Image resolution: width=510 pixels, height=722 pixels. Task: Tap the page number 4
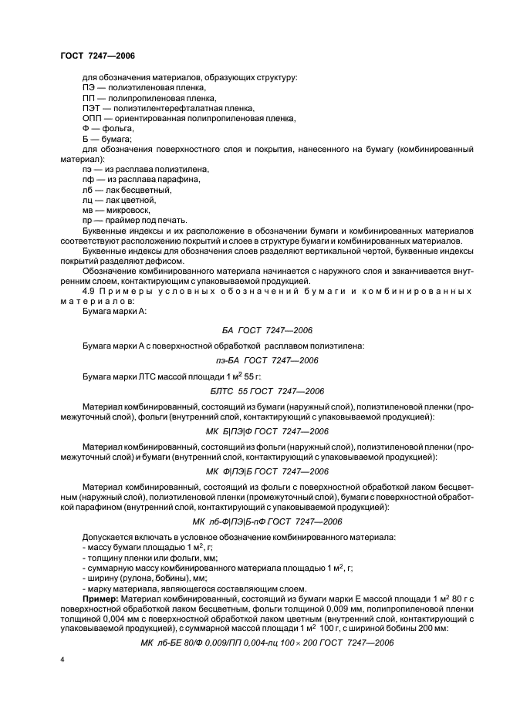[62, 660]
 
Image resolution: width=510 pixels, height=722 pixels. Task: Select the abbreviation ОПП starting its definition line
[91, 118]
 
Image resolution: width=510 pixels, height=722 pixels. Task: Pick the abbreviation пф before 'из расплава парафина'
[87, 179]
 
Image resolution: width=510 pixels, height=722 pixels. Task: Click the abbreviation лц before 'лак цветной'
[87, 199]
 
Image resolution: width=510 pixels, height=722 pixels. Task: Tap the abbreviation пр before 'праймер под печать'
[87, 219]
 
